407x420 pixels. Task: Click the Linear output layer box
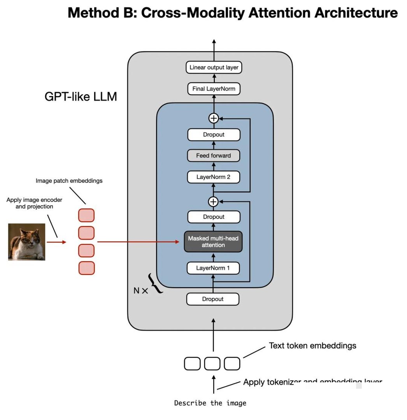pos(214,67)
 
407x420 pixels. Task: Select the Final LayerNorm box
pos(214,89)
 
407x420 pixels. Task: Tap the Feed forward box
pos(213,156)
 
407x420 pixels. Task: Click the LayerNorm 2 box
pos(213,177)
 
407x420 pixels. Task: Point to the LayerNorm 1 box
pos(213,268)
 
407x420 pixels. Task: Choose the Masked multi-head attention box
pos(213,242)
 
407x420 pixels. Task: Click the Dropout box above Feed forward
pos(214,135)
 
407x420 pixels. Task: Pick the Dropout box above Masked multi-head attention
pos(214,217)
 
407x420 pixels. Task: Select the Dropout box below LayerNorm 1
pos(213,299)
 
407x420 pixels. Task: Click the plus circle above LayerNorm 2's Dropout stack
pos(214,118)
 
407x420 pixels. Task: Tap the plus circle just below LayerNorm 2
pos(213,201)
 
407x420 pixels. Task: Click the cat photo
pos(26,241)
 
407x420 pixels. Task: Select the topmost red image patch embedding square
pos(86,215)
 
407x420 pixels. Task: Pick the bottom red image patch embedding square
pos(86,268)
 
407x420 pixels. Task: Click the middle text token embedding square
pos(212,364)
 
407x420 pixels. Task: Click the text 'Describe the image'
pos(210,403)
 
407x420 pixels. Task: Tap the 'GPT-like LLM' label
pos(81,96)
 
